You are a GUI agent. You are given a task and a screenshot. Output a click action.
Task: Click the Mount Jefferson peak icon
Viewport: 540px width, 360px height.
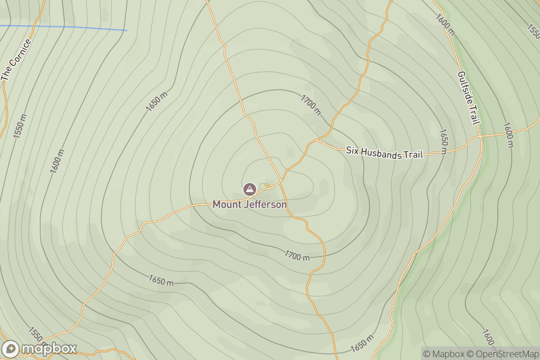click(x=249, y=189)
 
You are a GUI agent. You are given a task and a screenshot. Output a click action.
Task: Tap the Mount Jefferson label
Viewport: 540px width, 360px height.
click(x=249, y=205)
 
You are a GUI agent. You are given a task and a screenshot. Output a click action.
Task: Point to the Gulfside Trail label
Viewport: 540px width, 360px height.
click(x=468, y=98)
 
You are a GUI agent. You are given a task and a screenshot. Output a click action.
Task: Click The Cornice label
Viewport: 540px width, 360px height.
click(x=16, y=60)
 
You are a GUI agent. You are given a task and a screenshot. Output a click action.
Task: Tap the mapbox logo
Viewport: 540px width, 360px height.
click(x=39, y=349)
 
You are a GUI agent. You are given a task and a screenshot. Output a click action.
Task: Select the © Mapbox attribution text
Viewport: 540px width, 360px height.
click(x=444, y=354)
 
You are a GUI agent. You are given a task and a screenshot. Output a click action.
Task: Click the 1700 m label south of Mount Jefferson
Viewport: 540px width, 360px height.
click(x=297, y=256)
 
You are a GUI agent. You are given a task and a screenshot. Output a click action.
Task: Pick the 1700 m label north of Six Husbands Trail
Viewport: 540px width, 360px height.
click(x=311, y=105)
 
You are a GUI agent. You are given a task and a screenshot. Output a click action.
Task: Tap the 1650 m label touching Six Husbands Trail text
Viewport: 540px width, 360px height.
click(x=443, y=142)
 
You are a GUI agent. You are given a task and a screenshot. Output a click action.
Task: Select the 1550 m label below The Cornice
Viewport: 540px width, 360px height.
click(x=20, y=126)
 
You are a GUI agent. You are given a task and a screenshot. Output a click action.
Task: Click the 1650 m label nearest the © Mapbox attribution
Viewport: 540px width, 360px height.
click(x=362, y=344)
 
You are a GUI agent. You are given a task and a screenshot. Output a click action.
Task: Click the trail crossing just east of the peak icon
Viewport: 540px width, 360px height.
click(x=281, y=181)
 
